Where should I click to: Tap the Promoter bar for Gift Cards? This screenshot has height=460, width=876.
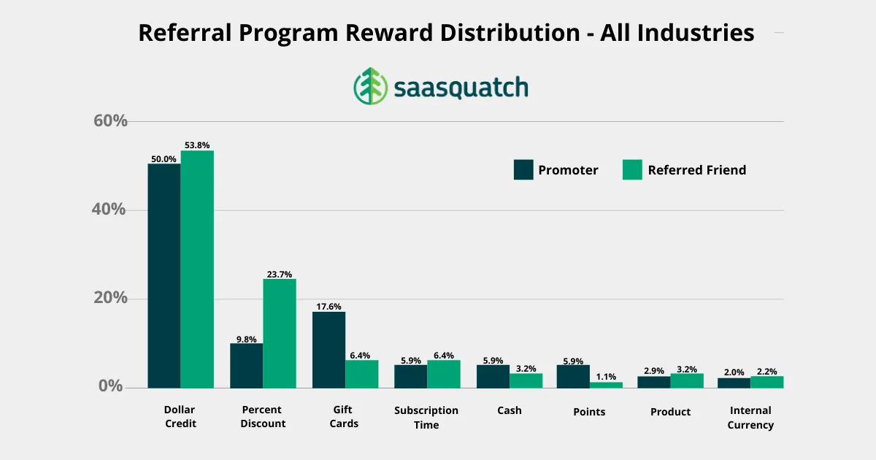click(328, 350)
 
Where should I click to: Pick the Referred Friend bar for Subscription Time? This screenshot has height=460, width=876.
click(444, 374)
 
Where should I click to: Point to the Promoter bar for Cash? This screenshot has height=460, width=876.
click(493, 376)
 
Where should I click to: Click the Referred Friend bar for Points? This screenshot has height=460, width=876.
click(606, 385)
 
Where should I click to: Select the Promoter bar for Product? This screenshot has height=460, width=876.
click(653, 382)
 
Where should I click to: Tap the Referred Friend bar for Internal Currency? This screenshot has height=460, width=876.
click(766, 382)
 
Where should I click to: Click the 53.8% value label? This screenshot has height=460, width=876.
click(197, 145)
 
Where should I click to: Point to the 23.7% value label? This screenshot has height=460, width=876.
click(280, 275)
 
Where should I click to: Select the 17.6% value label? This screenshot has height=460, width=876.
click(328, 307)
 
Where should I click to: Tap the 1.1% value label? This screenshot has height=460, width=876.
click(606, 377)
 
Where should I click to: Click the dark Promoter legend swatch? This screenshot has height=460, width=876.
click(523, 170)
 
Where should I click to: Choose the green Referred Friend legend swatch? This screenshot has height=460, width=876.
click(632, 170)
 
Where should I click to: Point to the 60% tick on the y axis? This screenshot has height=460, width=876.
click(110, 121)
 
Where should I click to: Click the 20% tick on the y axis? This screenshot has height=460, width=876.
click(110, 299)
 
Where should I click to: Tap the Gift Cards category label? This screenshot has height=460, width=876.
click(344, 417)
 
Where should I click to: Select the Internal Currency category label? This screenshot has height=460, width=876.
click(750, 418)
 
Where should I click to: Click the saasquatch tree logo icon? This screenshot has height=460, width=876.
click(370, 86)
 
